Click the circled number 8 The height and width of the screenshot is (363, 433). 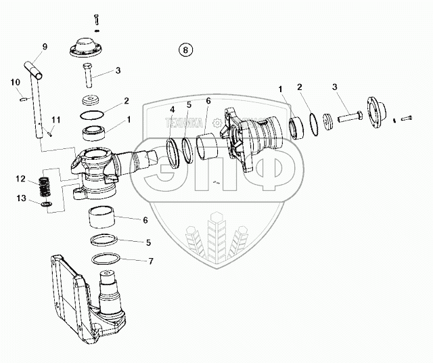coord(185,49)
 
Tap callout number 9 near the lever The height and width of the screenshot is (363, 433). coord(45,46)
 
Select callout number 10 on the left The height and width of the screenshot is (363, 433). coord(15,83)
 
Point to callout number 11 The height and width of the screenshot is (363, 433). coord(56,120)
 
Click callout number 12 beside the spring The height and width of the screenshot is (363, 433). coord(21,179)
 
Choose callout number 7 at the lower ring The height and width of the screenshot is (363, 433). coord(150,261)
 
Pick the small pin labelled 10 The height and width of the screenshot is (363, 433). coord(25,100)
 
